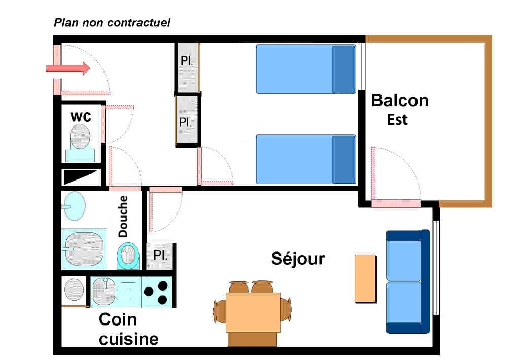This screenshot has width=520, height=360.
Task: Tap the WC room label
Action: pos(81,117)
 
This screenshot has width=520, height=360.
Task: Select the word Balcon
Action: pos(400,100)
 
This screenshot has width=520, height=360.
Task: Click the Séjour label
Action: pos(298,259)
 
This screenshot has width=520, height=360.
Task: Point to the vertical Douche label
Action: pos(123,217)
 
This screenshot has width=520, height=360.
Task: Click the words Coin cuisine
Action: pos(128,329)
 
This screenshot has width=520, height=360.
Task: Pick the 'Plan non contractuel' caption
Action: pos(112,22)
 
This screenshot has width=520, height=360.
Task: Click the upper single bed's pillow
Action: pos(343,69)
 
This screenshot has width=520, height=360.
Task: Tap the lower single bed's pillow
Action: pos(343,159)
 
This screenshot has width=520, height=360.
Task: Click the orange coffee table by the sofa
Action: pos(365,278)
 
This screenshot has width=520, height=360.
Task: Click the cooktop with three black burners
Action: pos(157,292)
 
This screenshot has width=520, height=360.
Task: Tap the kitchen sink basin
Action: pos(105,292)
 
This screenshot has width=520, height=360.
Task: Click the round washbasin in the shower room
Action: pos(75,205)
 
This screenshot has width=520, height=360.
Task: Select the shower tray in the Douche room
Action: pos(84,248)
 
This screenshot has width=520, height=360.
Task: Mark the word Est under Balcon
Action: pos(398,120)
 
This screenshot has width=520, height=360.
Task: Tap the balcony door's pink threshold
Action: pos(396,204)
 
